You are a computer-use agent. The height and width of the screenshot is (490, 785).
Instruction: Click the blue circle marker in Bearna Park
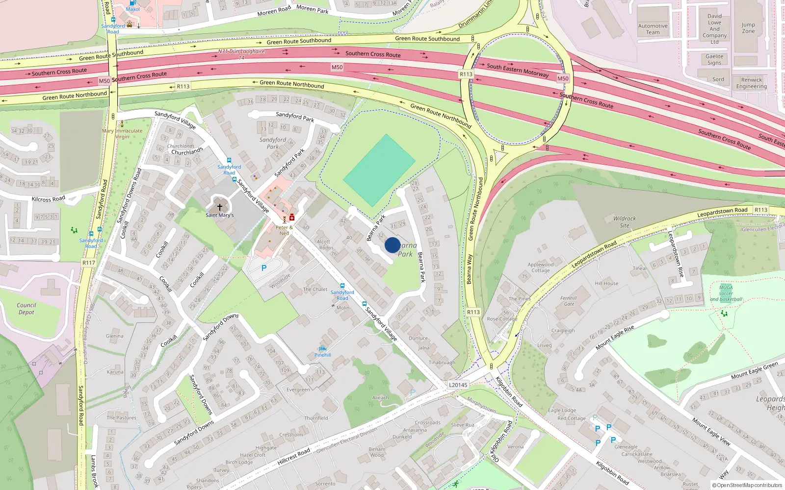[x=392, y=245]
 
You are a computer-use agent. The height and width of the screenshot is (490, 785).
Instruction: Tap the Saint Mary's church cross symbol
[x=219, y=207]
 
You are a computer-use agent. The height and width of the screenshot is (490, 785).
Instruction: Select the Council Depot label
[x=26, y=309]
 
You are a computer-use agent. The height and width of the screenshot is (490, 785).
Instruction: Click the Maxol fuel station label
[x=132, y=9]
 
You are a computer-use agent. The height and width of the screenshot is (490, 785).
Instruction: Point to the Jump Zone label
[x=748, y=28]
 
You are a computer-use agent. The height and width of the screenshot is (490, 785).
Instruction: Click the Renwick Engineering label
[x=751, y=83]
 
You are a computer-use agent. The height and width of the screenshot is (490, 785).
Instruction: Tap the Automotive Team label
[x=653, y=29]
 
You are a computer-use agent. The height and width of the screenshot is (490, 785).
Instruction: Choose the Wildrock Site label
[x=624, y=222]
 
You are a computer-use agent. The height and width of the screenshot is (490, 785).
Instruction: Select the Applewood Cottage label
[x=540, y=268]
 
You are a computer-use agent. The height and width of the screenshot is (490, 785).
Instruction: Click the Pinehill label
[x=323, y=355]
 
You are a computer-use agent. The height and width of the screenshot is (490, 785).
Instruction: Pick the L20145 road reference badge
[x=458, y=385]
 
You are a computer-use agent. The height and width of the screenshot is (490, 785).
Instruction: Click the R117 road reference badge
[x=89, y=263]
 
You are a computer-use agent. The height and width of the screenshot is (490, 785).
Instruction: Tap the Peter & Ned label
[x=284, y=230]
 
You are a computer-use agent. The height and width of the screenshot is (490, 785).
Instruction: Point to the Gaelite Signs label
[x=714, y=59]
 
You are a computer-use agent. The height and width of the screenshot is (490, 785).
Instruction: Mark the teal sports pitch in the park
[x=379, y=170]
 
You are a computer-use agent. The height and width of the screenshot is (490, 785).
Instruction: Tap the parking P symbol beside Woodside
[x=264, y=268]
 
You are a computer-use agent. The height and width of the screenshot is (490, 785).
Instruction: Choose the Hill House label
[x=606, y=283]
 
